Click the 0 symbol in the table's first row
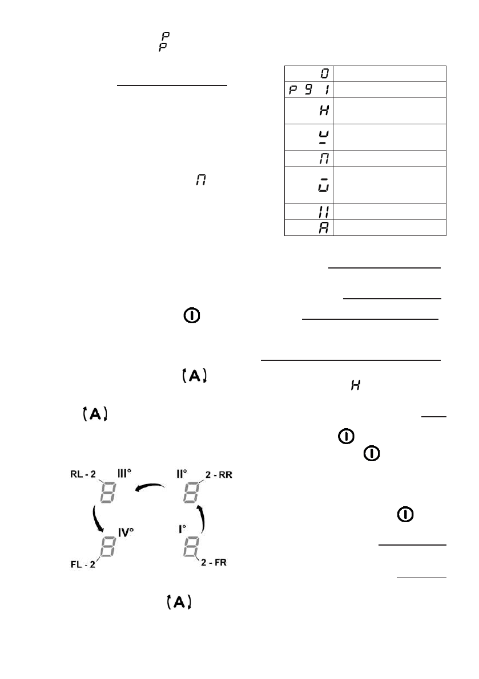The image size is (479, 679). (x=323, y=73)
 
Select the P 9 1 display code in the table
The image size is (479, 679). (x=308, y=89)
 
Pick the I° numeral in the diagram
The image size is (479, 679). (x=183, y=528)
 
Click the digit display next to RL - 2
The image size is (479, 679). (x=108, y=491)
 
